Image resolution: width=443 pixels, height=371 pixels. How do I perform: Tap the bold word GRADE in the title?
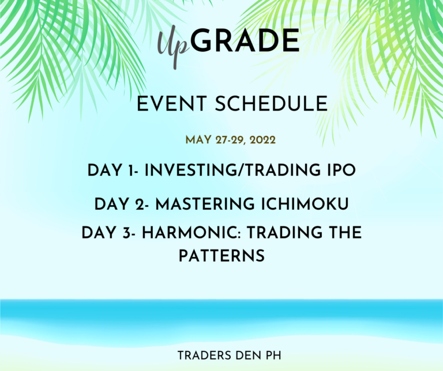click(x=245, y=40)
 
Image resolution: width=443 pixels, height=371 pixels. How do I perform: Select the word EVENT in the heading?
click(x=172, y=104)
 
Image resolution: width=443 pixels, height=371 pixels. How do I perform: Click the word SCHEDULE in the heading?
click(x=271, y=104)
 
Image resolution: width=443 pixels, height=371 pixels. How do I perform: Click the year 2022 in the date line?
click(x=262, y=140)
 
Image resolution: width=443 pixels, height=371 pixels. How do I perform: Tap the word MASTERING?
click(x=205, y=204)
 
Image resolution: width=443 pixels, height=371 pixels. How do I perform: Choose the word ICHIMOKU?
click(x=305, y=204)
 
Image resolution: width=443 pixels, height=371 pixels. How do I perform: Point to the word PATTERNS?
click(x=221, y=256)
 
